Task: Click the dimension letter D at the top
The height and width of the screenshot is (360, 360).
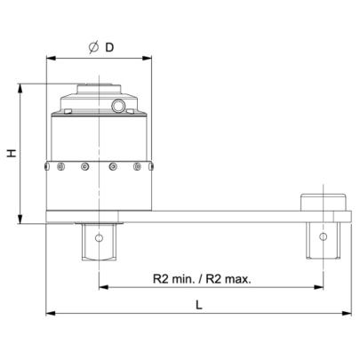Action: tap(109, 47)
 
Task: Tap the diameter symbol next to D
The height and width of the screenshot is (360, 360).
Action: tap(93, 47)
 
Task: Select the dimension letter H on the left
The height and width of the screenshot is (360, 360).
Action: tap(12, 153)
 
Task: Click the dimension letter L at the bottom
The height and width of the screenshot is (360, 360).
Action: tap(199, 304)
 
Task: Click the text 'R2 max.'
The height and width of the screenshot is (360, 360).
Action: tap(228, 279)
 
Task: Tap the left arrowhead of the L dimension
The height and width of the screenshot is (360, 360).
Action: tap(51, 313)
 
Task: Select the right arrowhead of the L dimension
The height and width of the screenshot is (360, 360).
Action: tap(347, 313)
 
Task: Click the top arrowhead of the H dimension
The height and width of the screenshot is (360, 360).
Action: tap(20, 89)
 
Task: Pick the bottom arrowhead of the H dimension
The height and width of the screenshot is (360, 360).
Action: tap(20, 219)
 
